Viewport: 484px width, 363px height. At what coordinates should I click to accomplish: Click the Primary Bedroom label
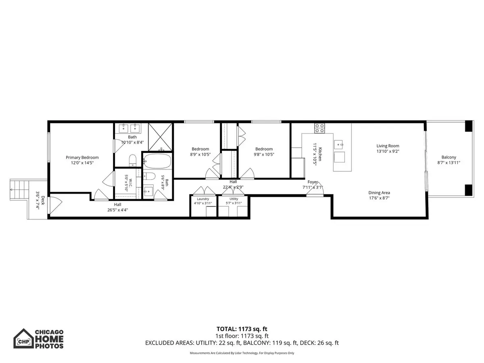coord(82,157)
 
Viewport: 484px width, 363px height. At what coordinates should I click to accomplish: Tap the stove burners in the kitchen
coord(319,128)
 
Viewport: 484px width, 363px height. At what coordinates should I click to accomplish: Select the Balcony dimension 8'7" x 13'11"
coord(449,163)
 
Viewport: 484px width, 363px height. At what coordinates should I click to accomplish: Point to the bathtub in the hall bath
coord(157,161)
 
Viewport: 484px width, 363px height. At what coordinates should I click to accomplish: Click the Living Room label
coord(388,146)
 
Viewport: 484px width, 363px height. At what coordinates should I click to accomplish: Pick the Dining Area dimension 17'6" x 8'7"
coord(379,198)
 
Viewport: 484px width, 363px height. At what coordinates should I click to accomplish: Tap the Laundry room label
coord(203,199)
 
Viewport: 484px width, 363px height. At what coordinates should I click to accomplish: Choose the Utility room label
coord(234,199)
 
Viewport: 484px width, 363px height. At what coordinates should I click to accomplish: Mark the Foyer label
coord(313,182)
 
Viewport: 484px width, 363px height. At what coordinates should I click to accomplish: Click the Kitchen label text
coord(320,154)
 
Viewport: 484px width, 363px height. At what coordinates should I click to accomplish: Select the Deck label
coord(43,200)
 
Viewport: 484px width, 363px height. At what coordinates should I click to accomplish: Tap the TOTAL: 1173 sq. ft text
coord(242,329)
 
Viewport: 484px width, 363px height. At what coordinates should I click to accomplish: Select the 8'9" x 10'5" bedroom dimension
coord(200,154)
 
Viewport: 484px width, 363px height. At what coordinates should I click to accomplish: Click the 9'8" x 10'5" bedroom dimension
coord(264,154)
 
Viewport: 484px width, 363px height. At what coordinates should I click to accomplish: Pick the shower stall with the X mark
coord(160,137)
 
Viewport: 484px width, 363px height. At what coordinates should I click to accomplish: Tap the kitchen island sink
coord(338,144)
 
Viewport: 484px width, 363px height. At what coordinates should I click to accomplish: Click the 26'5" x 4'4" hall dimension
coord(117,210)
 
